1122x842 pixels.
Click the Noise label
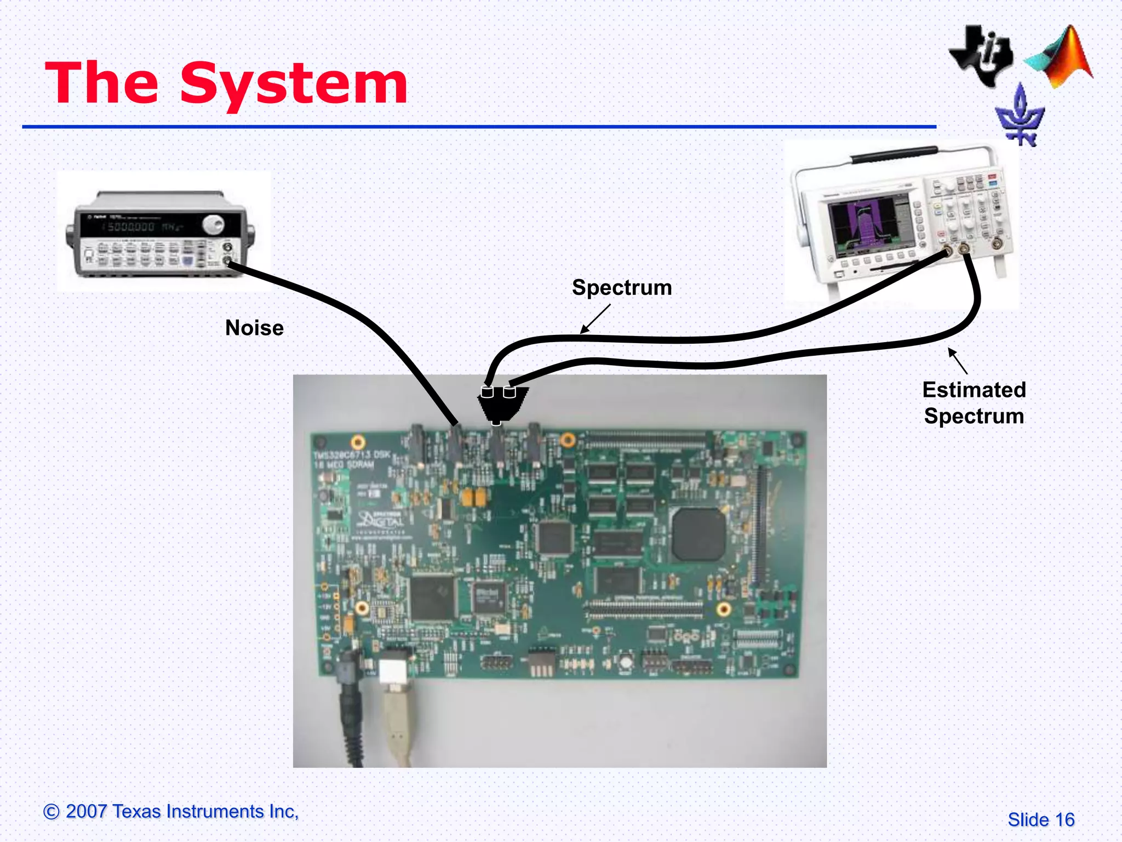pyautogui.click(x=254, y=328)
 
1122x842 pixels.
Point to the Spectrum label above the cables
pyautogui.click(x=622, y=288)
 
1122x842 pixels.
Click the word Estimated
pyautogui.click(x=974, y=390)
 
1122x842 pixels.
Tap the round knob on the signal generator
pyautogui.click(x=213, y=224)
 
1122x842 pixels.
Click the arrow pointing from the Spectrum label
pyautogui.click(x=595, y=319)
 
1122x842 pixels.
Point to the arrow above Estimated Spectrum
pyautogui.click(x=958, y=361)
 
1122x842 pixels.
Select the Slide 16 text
pyautogui.click(x=1041, y=820)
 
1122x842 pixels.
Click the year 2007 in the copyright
pyautogui.click(x=86, y=811)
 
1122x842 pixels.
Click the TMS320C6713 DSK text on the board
pyautogui.click(x=351, y=455)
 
